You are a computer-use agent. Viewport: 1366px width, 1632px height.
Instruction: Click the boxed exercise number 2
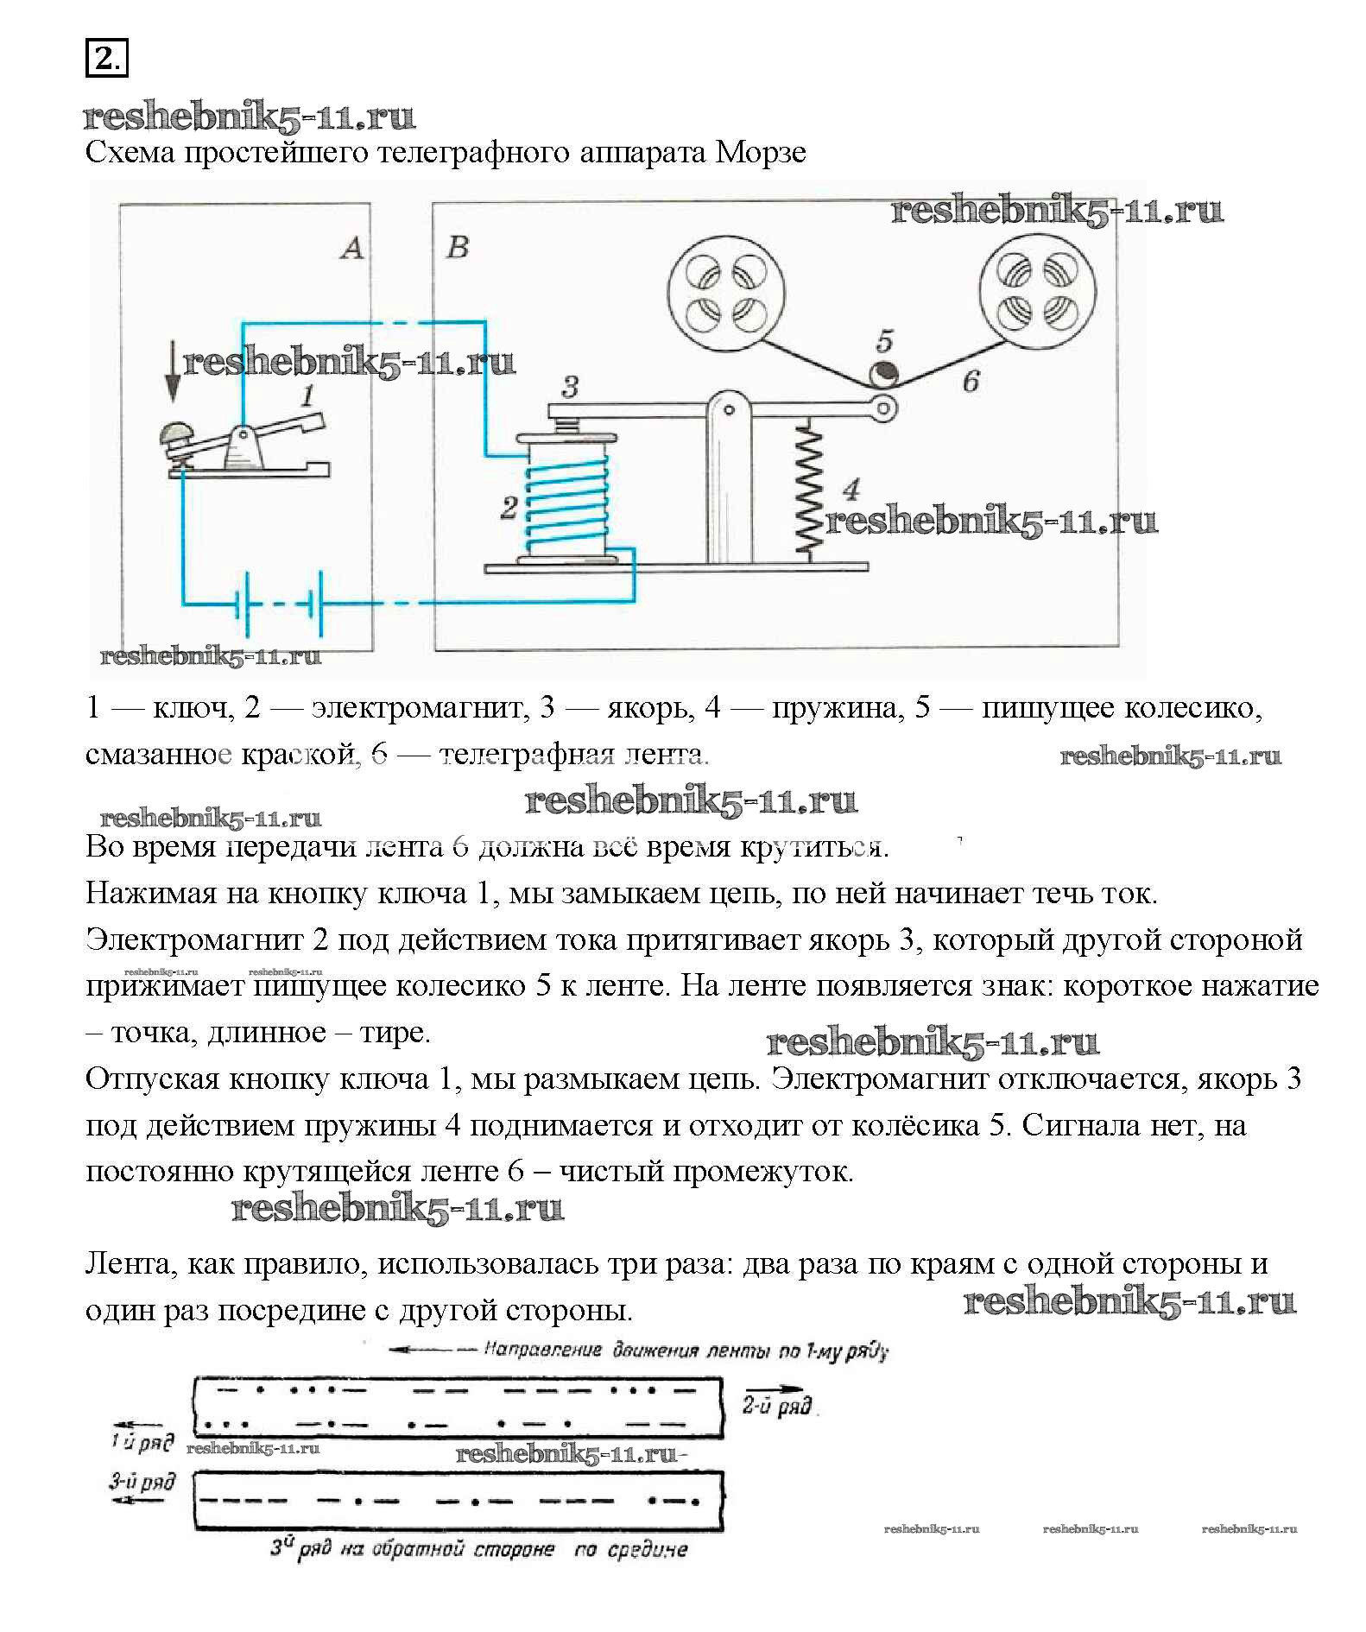[106, 58]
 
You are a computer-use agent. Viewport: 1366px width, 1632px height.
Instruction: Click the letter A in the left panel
[351, 249]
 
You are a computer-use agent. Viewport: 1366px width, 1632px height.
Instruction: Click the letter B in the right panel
[457, 247]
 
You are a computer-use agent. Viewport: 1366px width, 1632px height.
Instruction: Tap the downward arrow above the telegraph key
[173, 371]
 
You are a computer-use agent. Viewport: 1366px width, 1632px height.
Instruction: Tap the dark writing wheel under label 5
[882, 375]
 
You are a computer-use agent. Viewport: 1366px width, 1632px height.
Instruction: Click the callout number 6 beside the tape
[971, 381]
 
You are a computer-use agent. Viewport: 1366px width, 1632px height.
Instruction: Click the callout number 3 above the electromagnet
[570, 387]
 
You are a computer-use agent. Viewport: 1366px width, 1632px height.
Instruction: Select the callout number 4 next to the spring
[851, 490]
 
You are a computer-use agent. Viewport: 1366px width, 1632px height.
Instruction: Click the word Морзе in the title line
[761, 153]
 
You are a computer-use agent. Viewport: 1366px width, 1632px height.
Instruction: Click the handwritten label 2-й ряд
[777, 1406]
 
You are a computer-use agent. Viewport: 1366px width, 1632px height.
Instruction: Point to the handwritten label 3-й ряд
[142, 1483]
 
